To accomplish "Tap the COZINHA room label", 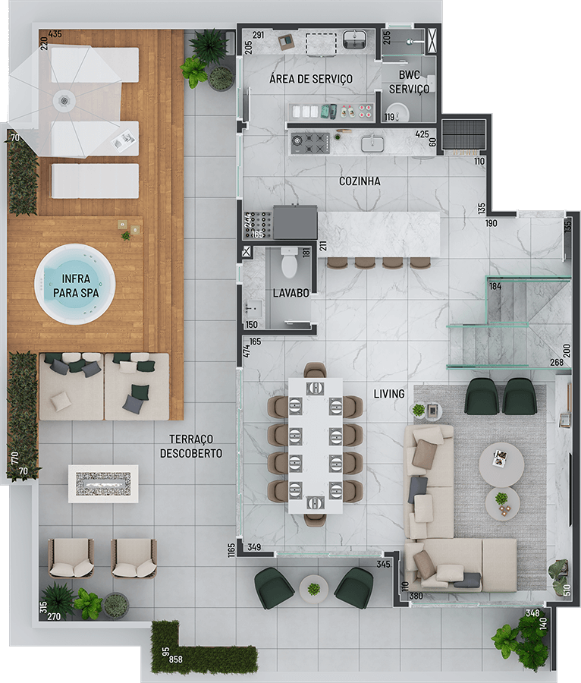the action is point(360,181).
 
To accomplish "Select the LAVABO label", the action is point(290,293).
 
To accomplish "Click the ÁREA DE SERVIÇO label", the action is point(311,79).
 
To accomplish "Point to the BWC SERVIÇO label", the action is point(409,82).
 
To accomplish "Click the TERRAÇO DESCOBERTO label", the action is point(191,446).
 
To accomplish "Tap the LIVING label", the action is point(389,394).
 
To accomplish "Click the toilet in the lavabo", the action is point(288,263).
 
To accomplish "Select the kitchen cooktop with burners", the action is point(310,143).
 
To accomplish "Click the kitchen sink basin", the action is point(372,143).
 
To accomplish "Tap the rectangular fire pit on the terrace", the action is point(103,484).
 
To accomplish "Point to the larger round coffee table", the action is point(502,464).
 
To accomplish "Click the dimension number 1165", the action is point(231,549).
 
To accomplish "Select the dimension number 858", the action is point(176,659).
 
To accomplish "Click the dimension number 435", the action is point(55,34).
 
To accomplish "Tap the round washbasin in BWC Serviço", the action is point(397,112).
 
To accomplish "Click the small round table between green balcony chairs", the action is point(313,589).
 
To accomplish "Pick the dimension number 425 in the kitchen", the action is point(422,134).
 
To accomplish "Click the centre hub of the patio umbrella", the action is point(64,100).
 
